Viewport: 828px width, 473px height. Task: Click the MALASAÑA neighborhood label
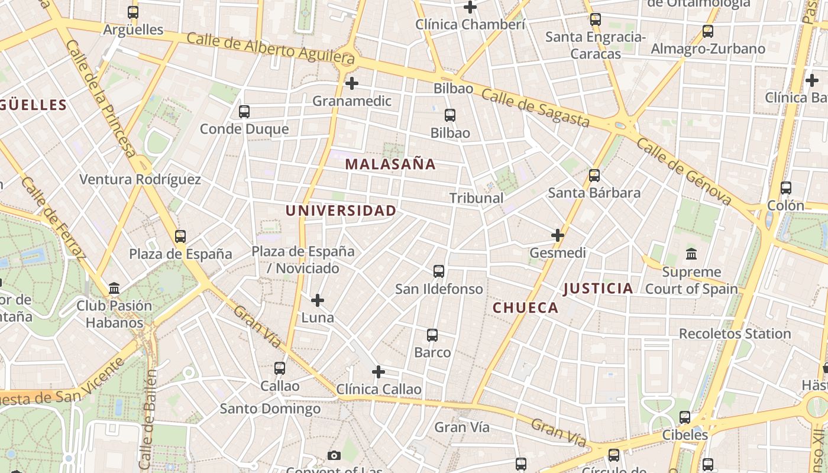click(x=390, y=164)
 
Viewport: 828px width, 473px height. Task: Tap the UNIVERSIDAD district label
click(x=341, y=210)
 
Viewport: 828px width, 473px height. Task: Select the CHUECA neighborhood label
click(x=525, y=307)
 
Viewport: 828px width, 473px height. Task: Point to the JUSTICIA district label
click(x=598, y=289)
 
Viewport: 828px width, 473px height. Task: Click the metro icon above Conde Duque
click(x=244, y=111)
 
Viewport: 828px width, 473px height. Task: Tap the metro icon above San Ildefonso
click(x=438, y=271)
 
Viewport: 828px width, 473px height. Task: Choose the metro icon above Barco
click(x=432, y=335)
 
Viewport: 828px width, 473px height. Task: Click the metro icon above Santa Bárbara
click(x=594, y=176)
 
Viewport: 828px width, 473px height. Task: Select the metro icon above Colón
click(x=785, y=188)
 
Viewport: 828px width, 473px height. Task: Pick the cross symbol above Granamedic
click(x=352, y=83)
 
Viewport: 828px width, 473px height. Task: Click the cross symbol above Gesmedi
click(x=557, y=235)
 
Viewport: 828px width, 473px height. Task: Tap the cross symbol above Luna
click(x=318, y=300)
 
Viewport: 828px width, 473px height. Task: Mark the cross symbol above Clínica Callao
click(x=379, y=372)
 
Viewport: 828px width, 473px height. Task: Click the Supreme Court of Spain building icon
click(x=691, y=254)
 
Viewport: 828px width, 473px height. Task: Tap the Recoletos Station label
click(x=735, y=333)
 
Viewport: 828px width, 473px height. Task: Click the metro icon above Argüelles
click(x=133, y=12)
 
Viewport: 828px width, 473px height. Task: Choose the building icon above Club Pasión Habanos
click(x=114, y=289)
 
